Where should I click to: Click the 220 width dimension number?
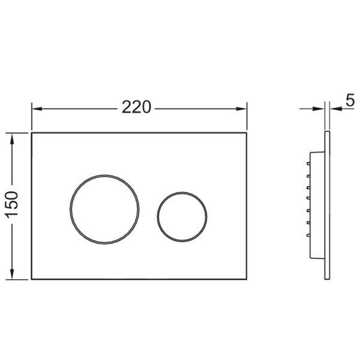[x=136, y=107]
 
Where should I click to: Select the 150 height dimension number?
[x=12, y=205]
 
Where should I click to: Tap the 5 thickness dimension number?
[x=350, y=100]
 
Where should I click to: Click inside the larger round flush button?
[x=104, y=209]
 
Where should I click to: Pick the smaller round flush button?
[x=182, y=217]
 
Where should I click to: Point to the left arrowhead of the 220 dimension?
[x=37, y=109]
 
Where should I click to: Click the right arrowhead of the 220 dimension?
[x=242, y=109]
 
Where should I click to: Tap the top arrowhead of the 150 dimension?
[x=12, y=139]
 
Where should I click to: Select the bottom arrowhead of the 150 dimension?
[x=12, y=274]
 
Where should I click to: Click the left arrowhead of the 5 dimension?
[x=319, y=109]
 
